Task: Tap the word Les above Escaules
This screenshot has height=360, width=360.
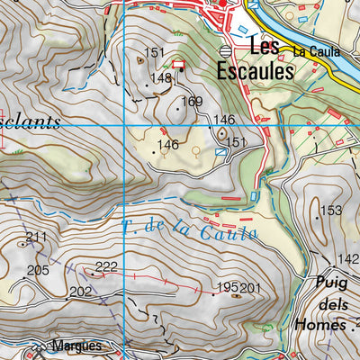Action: [x=265, y=46]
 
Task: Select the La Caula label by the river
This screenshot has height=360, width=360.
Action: [x=315, y=52]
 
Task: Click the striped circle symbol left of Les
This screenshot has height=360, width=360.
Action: [x=225, y=51]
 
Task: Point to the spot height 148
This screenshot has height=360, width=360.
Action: [x=161, y=79]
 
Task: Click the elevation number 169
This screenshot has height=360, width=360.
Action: [x=192, y=102]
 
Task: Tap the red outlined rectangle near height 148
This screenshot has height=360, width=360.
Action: [x=178, y=64]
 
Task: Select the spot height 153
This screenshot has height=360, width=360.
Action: [x=332, y=211]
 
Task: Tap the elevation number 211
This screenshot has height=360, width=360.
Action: [x=36, y=238]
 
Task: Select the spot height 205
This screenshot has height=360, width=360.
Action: [x=37, y=270]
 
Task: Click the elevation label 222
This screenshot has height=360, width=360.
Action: [x=106, y=266]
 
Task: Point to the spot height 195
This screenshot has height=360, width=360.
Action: [x=227, y=288]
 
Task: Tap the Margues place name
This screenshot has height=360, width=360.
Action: [x=76, y=346]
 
